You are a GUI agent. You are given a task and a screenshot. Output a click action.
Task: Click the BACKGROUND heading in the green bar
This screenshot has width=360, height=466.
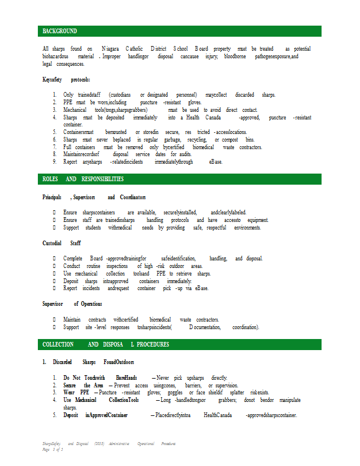[60, 31]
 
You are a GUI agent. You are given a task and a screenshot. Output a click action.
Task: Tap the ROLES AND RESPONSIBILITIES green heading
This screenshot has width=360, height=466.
[83, 179]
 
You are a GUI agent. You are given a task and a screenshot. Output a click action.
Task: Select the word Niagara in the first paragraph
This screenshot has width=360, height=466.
[110, 49]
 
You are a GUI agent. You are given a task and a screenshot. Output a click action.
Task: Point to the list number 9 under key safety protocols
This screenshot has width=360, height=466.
[54, 161]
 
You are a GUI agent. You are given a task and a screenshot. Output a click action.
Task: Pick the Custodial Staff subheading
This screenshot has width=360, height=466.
[62, 243]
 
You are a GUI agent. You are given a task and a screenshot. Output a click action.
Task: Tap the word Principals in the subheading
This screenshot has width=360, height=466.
[52, 197]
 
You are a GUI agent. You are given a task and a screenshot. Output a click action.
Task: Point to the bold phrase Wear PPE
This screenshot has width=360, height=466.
[76, 393]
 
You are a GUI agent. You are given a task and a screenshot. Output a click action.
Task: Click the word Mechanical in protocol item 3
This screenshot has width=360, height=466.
[75, 110]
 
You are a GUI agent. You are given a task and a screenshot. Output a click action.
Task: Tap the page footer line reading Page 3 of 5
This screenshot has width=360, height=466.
[52, 450]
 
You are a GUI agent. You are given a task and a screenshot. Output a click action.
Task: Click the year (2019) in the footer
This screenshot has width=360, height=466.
[100, 444]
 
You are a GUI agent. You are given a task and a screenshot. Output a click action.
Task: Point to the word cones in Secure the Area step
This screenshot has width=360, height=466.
[169, 385]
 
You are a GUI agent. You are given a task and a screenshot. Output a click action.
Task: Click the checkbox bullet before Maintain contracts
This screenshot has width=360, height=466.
[54, 319]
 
